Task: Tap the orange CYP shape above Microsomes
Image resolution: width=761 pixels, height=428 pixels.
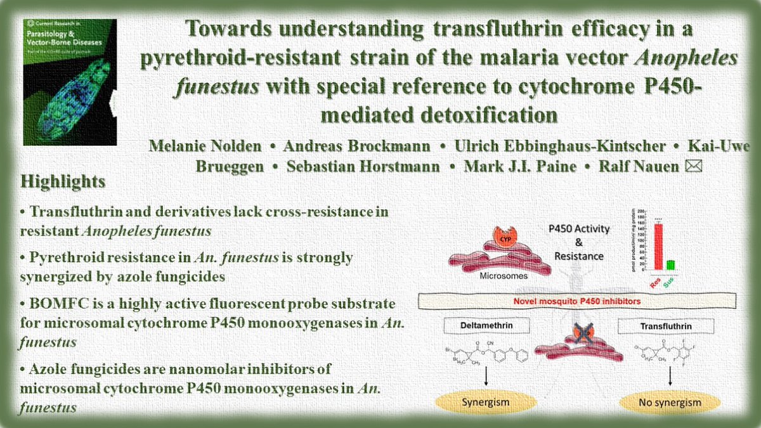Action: point(502,240)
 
